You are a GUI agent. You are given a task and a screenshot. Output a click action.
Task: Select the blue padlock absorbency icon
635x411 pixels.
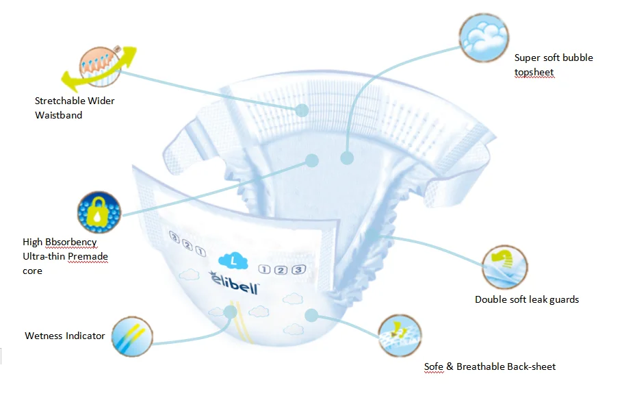click(x=99, y=213)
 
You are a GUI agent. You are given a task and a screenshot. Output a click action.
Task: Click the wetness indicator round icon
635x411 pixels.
click(x=131, y=336)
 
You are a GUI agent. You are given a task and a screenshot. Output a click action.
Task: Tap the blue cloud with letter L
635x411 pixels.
click(x=233, y=260)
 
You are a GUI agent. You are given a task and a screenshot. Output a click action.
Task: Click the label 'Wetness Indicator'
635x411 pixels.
click(x=65, y=336)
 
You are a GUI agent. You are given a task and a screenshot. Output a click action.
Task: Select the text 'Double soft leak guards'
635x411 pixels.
click(x=527, y=299)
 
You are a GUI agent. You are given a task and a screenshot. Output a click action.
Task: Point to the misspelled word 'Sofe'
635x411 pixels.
click(x=434, y=366)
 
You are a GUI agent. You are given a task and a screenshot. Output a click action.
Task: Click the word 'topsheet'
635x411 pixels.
click(x=534, y=72)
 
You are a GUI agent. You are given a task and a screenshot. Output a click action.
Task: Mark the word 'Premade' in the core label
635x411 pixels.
click(x=88, y=257)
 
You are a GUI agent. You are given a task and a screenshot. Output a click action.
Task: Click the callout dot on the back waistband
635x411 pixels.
click(x=302, y=110)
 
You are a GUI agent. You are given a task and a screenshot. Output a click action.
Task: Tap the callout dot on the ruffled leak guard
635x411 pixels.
click(x=370, y=235)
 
